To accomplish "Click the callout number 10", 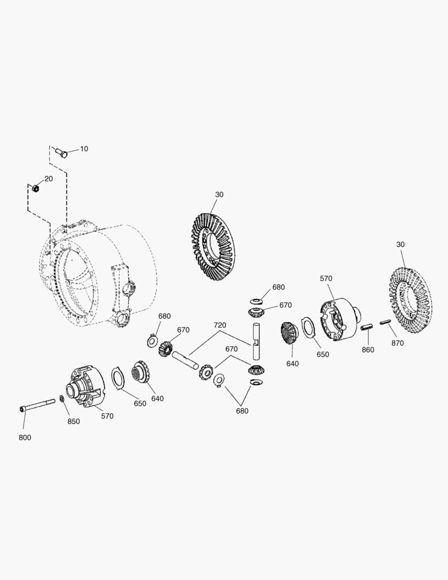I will pos(84,149).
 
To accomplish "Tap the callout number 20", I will pos(48,179).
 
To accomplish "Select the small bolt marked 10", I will pos(62,154).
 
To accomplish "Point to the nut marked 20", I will pos(36,188).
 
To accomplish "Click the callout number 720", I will pos(220,325).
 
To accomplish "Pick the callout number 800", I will pos(25,437).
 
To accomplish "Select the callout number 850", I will pos(74,421).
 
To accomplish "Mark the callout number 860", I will pos(368,350).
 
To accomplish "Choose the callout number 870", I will pos(397,343).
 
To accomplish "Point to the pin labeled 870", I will pos(385,322).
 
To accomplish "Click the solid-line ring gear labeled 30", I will pos(215,247).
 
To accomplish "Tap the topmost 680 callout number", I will pos(278,287).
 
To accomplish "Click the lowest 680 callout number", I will pos(242,411).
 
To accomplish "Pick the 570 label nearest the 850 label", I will pos(107,416).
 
